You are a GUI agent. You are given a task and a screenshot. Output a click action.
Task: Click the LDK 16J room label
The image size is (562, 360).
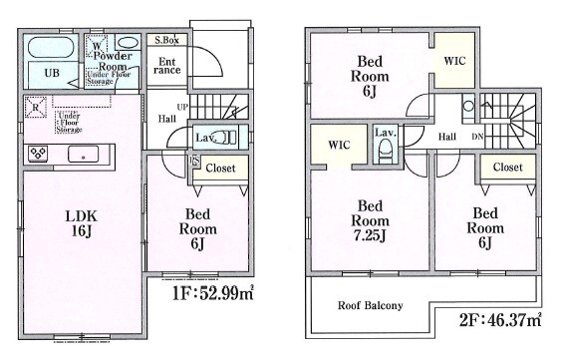point(81,223)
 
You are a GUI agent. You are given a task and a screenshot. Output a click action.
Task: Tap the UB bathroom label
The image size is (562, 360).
point(52,73)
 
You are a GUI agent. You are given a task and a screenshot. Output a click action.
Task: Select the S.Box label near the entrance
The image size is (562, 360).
point(166,40)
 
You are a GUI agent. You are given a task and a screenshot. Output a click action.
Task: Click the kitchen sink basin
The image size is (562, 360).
point(83,155)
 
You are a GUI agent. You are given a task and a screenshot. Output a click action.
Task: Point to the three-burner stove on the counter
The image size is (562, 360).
point(38,154)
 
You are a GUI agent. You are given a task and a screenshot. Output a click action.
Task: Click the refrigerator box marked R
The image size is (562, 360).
point(35,108)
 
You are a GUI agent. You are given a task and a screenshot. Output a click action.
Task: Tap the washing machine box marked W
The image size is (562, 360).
point(97,46)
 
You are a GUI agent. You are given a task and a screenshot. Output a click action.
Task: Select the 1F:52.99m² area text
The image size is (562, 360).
point(213,293)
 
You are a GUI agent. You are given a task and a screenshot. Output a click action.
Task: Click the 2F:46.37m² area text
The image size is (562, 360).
point(500,319)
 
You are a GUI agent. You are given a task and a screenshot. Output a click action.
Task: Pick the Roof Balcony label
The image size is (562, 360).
point(371,305)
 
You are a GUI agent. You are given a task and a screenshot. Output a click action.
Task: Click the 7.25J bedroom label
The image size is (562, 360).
point(370,220)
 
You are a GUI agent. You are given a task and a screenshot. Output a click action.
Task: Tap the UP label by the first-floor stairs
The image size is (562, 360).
point(182,107)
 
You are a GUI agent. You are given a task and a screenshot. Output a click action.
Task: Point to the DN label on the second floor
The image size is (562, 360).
point(477,137)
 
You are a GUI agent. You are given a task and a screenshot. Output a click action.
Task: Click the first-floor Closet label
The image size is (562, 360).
point(220,169)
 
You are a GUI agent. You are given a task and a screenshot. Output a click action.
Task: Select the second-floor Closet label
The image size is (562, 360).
point(507,168)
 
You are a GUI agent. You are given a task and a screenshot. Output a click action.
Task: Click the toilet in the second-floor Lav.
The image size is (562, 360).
point(386,151)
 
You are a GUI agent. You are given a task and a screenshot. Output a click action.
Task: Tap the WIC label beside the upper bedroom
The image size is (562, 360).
point(454,61)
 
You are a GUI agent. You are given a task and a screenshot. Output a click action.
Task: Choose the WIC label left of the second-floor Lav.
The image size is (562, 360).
point(339,146)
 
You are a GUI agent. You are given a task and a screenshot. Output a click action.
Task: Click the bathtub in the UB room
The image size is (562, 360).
point(51,47)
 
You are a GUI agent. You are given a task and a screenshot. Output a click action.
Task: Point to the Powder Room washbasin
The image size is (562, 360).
point(128,43)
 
